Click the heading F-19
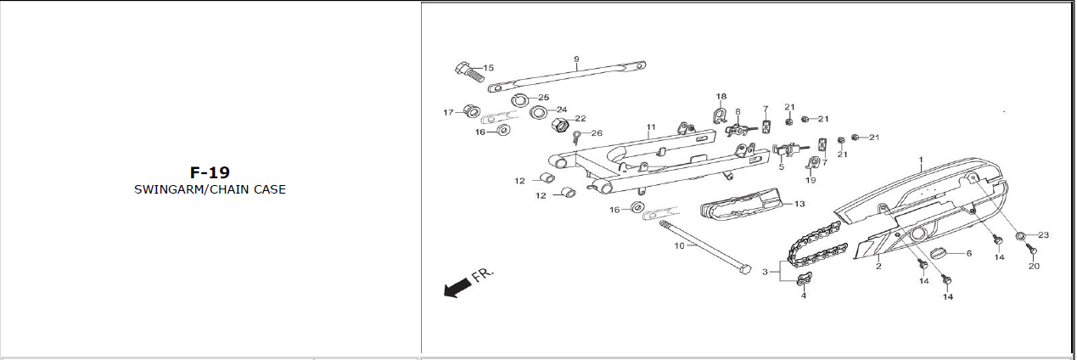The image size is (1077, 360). [210, 172]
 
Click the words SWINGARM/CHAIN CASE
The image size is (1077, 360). [210, 189]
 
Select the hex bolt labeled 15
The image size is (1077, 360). [468, 77]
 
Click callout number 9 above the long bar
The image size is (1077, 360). [576, 59]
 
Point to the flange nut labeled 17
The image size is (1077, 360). [471, 111]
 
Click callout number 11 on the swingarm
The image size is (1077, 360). [651, 127]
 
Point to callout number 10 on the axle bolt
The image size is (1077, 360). [679, 246]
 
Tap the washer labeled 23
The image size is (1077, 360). [1017, 236]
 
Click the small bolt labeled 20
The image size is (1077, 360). [1031, 250]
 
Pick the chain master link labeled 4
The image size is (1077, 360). [804, 278]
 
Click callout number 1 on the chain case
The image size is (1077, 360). [921, 160]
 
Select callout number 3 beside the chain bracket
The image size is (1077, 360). [765, 272]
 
